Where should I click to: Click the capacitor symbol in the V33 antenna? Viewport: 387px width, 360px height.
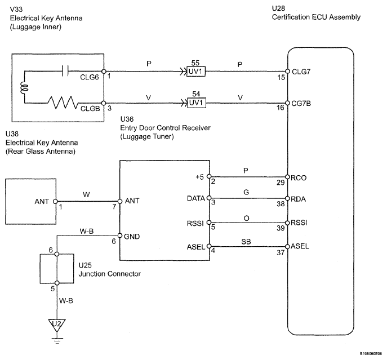coord(65,71)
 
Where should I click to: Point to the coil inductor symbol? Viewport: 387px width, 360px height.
coord(25,88)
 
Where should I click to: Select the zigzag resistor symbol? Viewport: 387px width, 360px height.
coord(63,103)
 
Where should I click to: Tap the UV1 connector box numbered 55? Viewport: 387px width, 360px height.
coord(196,72)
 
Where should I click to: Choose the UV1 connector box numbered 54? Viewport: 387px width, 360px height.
coord(197,103)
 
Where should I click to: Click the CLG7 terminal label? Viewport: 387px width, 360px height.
coord(301,72)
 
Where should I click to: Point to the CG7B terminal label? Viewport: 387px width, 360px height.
coord(301,104)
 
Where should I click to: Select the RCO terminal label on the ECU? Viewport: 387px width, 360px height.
coord(299,178)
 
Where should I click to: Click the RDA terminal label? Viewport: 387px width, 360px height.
coord(299,199)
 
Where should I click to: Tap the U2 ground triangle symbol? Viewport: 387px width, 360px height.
coord(57,325)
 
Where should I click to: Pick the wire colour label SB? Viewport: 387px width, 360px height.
coord(246,242)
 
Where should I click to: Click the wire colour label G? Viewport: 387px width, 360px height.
coord(246,192)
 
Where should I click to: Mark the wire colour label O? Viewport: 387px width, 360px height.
coord(246,218)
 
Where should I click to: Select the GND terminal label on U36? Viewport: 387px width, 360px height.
coord(132,237)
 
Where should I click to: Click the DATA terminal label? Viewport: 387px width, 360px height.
coord(196,198)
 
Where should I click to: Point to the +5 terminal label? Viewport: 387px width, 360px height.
coord(199,177)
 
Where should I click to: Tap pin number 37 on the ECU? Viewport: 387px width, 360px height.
coord(281,252)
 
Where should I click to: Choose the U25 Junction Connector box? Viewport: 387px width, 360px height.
coord(57,268)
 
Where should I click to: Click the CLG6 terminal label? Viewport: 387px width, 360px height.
coord(90,77)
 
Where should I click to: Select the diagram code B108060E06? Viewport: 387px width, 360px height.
coord(371,354)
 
